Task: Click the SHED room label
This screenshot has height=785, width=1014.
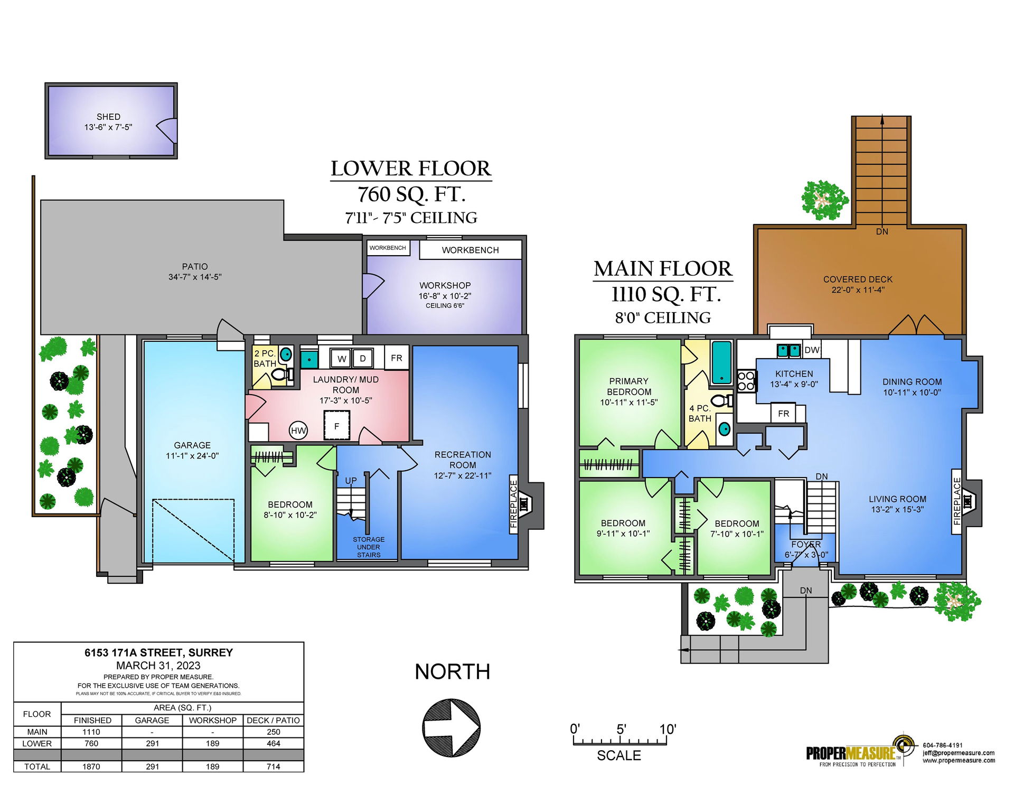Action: pyautogui.click(x=108, y=117)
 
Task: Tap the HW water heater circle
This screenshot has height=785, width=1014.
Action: pyautogui.click(x=298, y=430)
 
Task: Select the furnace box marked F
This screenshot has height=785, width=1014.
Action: pyautogui.click(x=337, y=426)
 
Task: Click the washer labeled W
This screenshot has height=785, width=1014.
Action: pyautogui.click(x=342, y=359)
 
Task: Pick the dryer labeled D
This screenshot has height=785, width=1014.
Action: pyautogui.click(x=363, y=358)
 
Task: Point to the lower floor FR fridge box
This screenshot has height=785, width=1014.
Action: pyautogui.click(x=397, y=358)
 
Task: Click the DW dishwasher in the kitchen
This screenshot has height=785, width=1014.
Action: pyautogui.click(x=812, y=350)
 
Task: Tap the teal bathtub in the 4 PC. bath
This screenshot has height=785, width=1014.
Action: pyautogui.click(x=721, y=362)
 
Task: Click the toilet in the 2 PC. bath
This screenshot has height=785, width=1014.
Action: pyautogui.click(x=281, y=375)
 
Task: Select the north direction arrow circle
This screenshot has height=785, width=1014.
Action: pyautogui.click(x=452, y=728)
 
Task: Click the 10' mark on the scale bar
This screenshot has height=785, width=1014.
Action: pyautogui.click(x=668, y=730)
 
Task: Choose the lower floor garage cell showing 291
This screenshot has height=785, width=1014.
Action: pyautogui.click(x=152, y=743)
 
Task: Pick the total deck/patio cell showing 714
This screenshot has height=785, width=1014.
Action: pyautogui.click(x=274, y=767)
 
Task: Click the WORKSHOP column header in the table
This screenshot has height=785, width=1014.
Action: pyautogui.click(x=213, y=720)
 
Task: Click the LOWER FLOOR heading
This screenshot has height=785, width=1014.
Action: pyautogui.click(x=411, y=169)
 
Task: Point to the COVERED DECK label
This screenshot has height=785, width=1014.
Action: pyautogui.click(x=858, y=279)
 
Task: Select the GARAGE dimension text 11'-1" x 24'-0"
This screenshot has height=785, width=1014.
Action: pyautogui.click(x=192, y=456)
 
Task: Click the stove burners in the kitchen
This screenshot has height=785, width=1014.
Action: pyautogui.click(x=746, y=381)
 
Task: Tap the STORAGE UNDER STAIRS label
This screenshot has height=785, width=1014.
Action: pyautogui.click(x=369, y=547)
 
